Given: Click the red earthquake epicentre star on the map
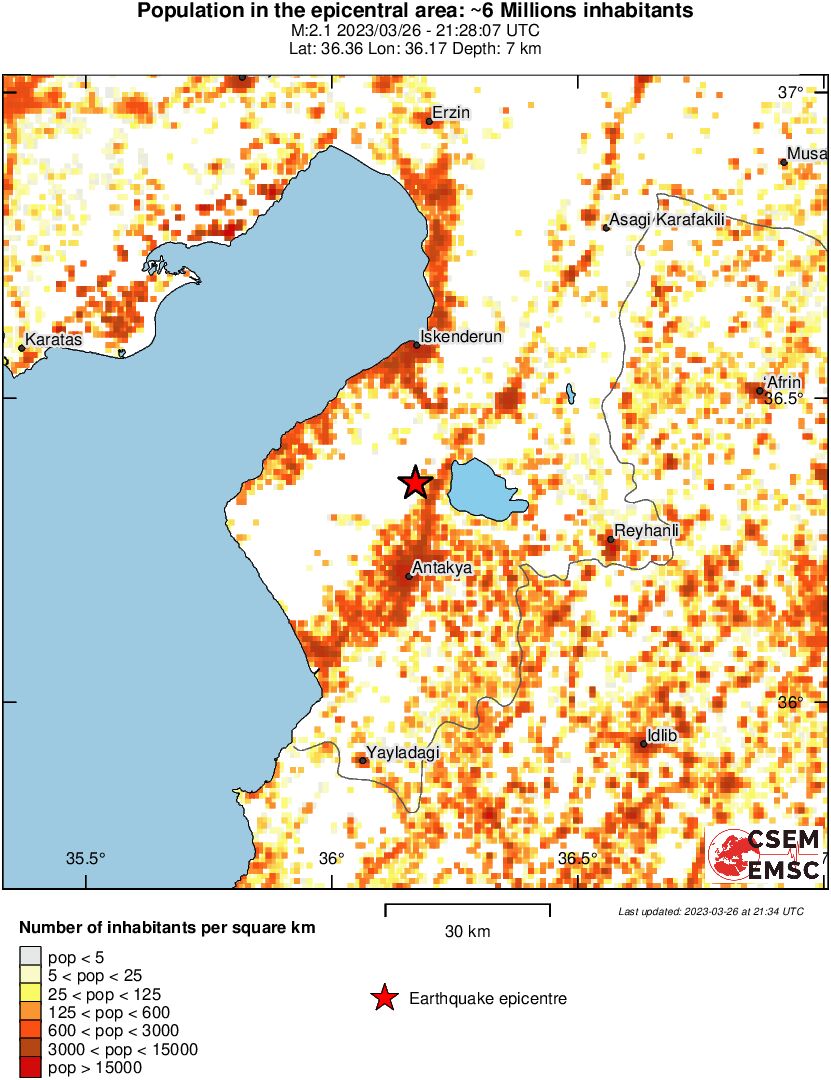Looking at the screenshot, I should [415, 483].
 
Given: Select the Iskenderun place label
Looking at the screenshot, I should [460, 337].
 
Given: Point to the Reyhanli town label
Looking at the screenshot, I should [645, 531].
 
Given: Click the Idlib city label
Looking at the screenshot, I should [662, 736].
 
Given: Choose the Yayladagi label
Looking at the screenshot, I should [403, 752].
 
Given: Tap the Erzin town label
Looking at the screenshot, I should [450, 113].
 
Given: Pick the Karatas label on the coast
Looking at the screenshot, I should [53, 340].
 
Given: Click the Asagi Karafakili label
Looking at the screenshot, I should [666, 220].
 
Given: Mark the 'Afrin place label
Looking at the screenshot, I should [782, 382].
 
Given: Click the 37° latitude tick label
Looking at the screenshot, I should [790, 93].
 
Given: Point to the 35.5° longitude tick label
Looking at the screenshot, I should [85, 858].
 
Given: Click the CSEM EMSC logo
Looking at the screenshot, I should [765, 855].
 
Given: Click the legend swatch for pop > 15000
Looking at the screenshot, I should [31, 1068].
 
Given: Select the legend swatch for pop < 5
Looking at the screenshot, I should [31, 956].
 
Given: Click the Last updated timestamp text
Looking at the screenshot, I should [710, 911].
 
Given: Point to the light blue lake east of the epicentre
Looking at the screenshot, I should [483, 490].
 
